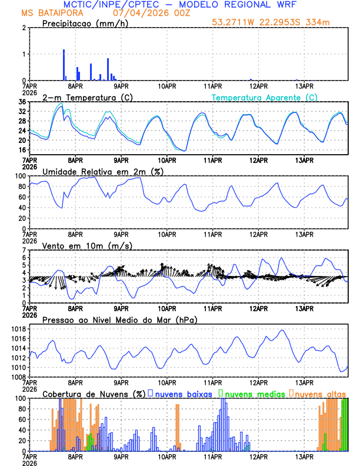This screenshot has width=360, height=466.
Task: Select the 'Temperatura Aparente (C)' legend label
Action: click(x=265, y=97)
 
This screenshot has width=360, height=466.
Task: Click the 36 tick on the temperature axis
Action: click(x=22, y=102)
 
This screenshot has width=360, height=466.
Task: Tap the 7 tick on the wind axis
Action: click(x=24, y=251)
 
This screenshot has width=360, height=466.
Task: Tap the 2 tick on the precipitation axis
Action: click(x=24, y=28)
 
